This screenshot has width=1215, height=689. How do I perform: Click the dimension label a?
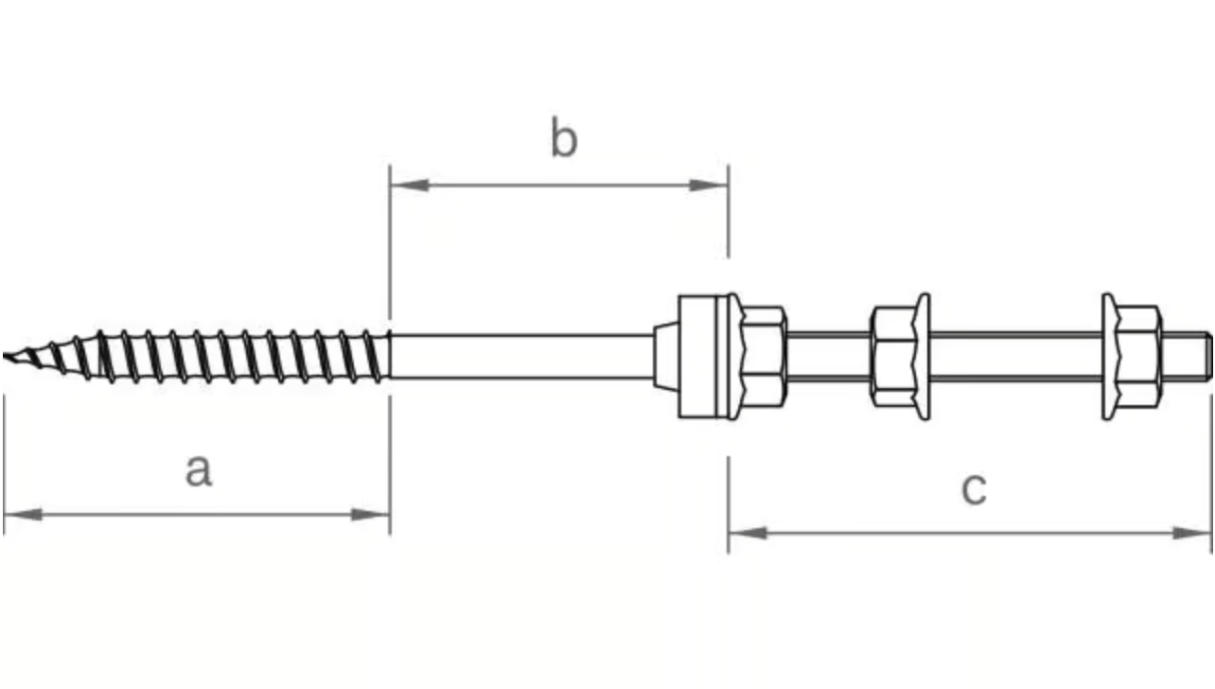199,470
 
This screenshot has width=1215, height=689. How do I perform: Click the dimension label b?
564,136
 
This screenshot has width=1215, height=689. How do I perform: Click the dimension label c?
974,488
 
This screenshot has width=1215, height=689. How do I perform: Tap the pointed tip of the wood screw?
4,356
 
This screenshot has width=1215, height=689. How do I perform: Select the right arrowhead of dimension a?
371,514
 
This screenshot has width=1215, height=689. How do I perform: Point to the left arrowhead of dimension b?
410,185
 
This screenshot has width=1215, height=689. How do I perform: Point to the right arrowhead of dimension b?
709,185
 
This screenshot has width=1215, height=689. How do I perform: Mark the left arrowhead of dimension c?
748,533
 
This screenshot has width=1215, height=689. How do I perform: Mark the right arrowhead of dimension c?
1192,533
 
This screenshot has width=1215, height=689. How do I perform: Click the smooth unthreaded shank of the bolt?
521,357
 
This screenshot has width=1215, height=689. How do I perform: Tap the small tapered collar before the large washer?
666,357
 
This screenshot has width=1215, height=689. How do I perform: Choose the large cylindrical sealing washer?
703,357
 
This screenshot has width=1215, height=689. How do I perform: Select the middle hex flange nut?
901,357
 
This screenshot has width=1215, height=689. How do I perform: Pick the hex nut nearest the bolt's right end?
1132,357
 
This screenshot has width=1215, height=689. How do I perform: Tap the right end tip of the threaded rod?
1210,357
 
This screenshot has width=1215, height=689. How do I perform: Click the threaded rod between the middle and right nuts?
1016,357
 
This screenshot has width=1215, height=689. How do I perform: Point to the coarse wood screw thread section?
197,357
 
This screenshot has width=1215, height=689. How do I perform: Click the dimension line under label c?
970,533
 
